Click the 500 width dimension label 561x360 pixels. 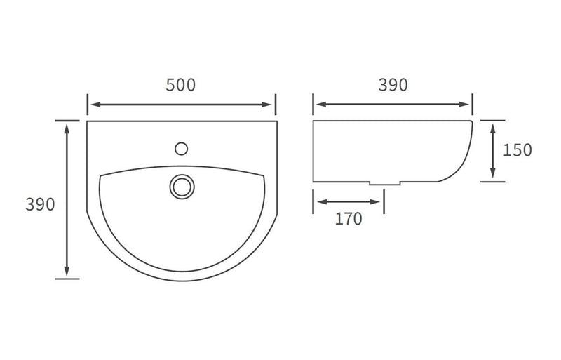click(x=181, y=85)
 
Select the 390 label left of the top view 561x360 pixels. click(x=40, y=205)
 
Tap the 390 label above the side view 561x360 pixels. click(x=393, y=85)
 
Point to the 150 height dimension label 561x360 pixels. click(x=518, y=149)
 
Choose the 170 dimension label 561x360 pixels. click(x=349, y=219)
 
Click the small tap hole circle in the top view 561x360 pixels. click(x=182, y=148)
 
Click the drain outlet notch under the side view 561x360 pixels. click(x=384, y=184)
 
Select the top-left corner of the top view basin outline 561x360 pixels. click(x=88, y=122)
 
